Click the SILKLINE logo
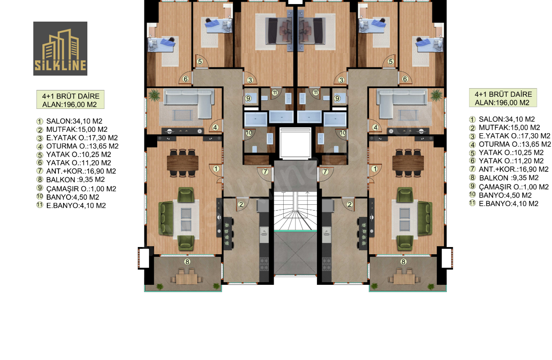point(60,49)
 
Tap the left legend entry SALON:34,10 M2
point(69,121)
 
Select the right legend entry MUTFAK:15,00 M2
point(504,127)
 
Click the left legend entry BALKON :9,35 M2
point(71,180)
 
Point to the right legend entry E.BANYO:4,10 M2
point(504,204)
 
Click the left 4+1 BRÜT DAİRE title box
point(71,99)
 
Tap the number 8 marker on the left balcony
point(187,262)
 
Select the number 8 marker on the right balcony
point(403,262)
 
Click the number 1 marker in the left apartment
point(216,169)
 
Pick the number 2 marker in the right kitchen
point(349,204)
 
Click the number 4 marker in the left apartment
point(215,127)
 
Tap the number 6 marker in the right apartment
point(405,79)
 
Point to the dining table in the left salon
point(183,163)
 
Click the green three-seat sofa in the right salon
point(425,218)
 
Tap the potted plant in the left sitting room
point(154,95)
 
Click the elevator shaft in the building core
point(295,143)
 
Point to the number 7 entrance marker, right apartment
point(325,171)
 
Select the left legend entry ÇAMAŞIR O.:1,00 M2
point(76,189)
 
